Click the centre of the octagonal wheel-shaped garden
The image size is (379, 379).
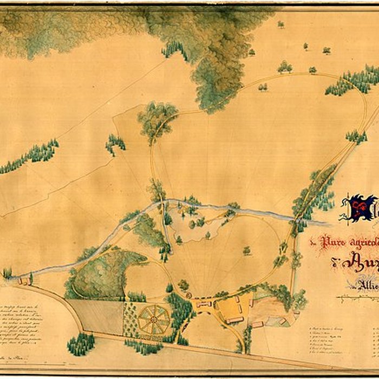pos(154,319)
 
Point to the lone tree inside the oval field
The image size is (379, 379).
pos(246,250)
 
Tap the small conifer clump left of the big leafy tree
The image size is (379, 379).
pos(115,143)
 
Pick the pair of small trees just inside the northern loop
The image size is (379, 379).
pos(263,87)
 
